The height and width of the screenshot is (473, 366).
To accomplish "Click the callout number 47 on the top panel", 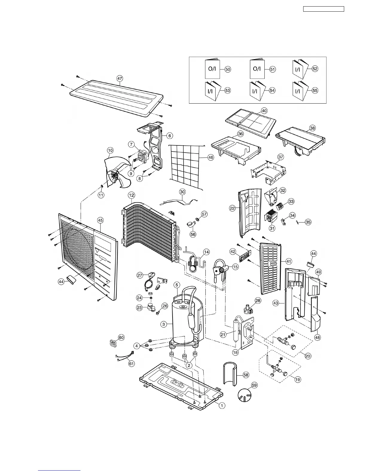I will click(120, 79).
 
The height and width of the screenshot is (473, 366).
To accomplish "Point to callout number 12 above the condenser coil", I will click(132, 195).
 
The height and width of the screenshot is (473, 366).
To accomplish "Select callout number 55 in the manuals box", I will click(315, 90).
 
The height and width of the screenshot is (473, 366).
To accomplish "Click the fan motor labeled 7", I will click(141, 156).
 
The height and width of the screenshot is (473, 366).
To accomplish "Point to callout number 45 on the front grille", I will click(100, 220).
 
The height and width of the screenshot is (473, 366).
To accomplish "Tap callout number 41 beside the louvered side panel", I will click(289, 262).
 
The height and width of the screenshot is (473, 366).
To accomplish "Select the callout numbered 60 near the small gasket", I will click(121, 337).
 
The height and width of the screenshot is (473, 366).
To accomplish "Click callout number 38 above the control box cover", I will click(312, 128).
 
